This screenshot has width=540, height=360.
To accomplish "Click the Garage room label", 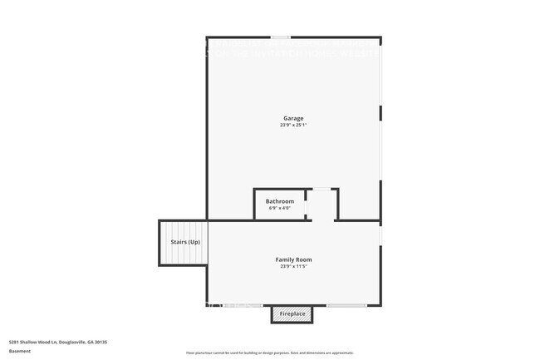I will coord(294,118).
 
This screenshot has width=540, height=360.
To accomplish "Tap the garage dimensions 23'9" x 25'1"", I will coord(294,126).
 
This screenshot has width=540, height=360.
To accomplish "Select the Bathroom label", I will coord(280,201).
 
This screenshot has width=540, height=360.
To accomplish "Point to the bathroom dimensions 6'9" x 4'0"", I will coord(280,208).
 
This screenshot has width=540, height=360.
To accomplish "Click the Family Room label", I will coord(294,259).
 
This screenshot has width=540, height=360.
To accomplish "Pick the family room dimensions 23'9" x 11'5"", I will coord(294,267).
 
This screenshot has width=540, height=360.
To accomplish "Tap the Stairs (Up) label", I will coord(185,242).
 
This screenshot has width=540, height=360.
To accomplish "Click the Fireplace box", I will coord(292,314).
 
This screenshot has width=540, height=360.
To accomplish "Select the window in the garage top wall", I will coord(281,37).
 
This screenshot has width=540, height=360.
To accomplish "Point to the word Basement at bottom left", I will coord(19,351).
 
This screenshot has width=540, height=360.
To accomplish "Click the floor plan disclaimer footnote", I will coord(270,353).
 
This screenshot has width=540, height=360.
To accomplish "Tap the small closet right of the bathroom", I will coord(322,205).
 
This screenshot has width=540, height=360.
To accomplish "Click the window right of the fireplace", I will coord(346,306).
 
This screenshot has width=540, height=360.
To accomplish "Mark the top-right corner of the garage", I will coord(380,38).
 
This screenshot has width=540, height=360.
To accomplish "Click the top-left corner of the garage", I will coord(208,38).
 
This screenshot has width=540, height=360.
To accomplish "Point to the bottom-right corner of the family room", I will coord(380,305).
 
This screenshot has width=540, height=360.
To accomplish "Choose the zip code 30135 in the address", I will coord(101,342).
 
